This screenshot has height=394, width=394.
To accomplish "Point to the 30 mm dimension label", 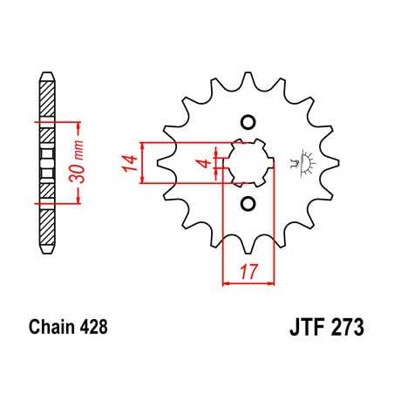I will pyautogui.click(x=78, y=160).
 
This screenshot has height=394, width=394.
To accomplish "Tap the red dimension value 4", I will pyautogui.click(x=202, y=162).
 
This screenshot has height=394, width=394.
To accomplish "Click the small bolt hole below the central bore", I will pyautogui.click(x=247, y=204).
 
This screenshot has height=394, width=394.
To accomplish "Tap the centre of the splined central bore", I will pyautogui.click(x=247, y=162).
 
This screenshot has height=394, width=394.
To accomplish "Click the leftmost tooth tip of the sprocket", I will pyautogui.click(x=159, y=162).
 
